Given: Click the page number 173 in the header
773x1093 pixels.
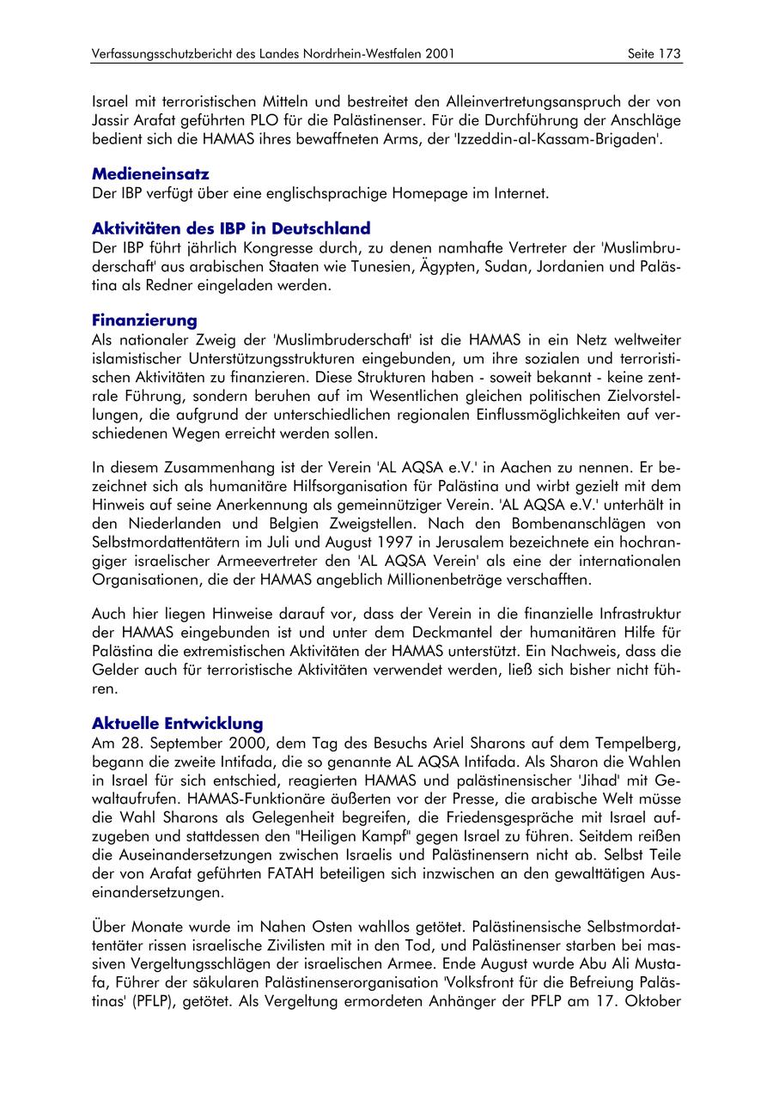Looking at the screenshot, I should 670,54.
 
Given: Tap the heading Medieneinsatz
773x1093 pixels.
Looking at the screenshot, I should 150,174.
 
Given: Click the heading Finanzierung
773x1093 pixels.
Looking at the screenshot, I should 144,320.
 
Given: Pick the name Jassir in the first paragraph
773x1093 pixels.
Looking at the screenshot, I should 112,120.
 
